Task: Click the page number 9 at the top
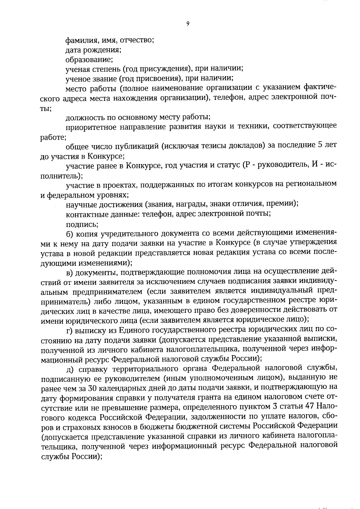[x=188, y=24]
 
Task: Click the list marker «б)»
[x=70, y=234]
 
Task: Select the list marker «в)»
[x=70, y=272]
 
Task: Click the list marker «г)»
[x=70, y=330]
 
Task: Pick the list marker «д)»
[x=69, y=369]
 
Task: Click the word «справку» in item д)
[x=93, y=369]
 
